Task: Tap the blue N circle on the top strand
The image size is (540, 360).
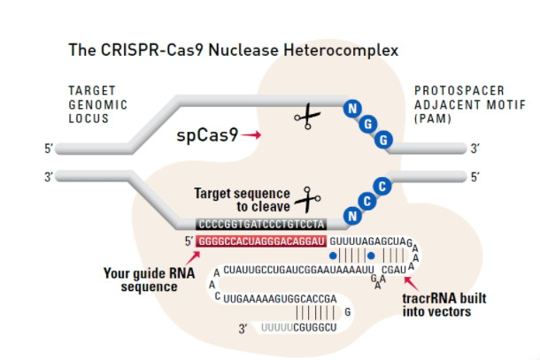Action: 352,109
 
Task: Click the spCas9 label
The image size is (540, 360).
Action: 207,135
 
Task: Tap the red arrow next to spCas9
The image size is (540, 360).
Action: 252,135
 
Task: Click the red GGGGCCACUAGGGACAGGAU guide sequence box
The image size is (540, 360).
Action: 262,241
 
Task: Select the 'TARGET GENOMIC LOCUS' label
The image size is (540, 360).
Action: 98,104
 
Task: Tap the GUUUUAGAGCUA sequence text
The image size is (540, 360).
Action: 365,241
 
